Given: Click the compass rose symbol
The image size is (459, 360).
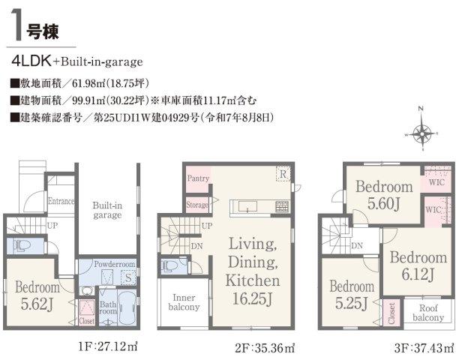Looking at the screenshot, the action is [x=421, y=134].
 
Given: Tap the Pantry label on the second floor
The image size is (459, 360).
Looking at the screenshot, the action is [x=198, y=178].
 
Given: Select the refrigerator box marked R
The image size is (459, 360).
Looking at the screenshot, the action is [x=283, y=174].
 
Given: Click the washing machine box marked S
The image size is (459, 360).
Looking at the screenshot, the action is [x=128, y=277].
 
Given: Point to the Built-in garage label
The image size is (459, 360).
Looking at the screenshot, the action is [x=107, y=210].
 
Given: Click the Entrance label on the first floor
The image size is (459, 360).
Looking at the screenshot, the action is [x=61, y=201].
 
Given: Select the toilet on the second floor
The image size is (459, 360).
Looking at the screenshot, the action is [x=170, y=266].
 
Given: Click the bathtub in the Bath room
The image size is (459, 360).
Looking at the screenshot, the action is [x=127, y=308].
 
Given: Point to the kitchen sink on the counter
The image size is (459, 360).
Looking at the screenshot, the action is [x=247, y=206].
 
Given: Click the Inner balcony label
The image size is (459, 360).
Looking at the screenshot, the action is [x=184, y=302].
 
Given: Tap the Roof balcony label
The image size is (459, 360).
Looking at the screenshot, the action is [x=428, y=313].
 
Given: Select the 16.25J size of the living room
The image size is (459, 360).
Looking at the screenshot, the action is [x=252, y=298].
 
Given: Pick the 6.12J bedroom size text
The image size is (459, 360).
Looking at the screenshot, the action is [x=418, y=274].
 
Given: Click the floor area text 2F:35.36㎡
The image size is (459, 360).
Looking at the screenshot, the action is [x=264, y=348].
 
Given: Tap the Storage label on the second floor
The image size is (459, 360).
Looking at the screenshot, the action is [x=197, y=205].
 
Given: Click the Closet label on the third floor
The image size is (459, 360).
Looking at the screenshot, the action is [x=391, y=313].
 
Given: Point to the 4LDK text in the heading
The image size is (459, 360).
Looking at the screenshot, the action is [x=31, y=61].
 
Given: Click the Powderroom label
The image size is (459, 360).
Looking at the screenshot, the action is [x=115, y=264].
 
